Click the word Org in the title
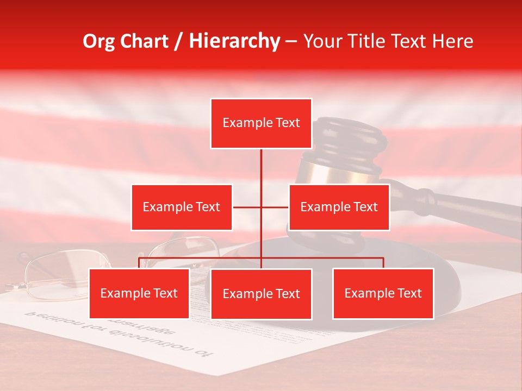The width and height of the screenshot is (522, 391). coord(98,41)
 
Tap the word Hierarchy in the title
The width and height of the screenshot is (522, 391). coord(234,41)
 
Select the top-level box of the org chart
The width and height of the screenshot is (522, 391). coord(261,123)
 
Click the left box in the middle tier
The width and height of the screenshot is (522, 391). coord(182,207)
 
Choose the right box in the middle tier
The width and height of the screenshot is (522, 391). coord(339,207)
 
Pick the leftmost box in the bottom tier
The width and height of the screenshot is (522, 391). coord(139,293)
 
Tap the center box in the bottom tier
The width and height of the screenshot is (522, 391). coord(261,294)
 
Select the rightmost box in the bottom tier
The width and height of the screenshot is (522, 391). coord(383,293)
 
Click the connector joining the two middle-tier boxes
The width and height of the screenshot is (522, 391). coord(261,207)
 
